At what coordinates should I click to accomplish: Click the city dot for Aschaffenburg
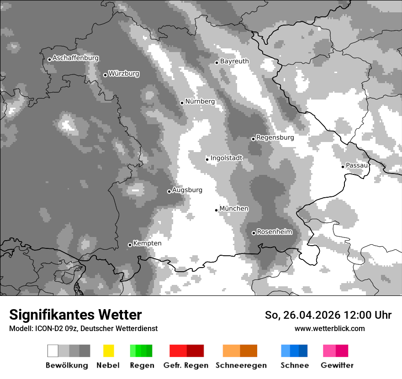[49, 59]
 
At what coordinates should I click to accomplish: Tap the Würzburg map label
[124, 74]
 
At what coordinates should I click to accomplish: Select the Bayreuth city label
[234, 61]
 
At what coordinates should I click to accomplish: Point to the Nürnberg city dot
[182, 103]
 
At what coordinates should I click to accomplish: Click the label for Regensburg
[275, 137]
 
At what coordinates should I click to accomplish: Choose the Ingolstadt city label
[227, 158]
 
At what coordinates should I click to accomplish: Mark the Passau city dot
[343, 167]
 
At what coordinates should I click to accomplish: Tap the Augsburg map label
[187, 190]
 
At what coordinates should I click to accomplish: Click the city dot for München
[216, 210]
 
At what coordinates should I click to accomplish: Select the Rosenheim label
[275, 232]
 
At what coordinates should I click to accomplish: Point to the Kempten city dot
[130, 245]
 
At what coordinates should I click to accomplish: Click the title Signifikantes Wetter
[75, 315]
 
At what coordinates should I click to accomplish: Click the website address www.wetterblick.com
[329, 329]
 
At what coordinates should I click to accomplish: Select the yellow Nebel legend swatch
[108, 351]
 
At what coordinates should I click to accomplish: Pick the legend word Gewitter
[337, 365]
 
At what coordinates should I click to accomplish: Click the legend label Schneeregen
[241, 365]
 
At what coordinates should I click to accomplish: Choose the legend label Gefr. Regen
[185, 365]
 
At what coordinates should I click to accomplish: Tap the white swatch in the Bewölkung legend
[53, 351]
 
